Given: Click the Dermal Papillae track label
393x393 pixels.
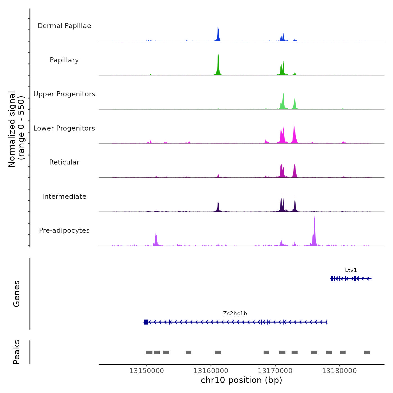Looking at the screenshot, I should click(64, 26).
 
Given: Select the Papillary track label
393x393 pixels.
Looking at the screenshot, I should click(64, 60).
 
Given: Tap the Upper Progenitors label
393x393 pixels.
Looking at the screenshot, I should click(64, 94).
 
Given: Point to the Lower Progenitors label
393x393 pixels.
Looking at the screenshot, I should click(64, 128).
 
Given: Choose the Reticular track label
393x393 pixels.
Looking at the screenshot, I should click(64, 162).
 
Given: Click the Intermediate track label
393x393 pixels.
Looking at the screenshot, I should click(64, 196).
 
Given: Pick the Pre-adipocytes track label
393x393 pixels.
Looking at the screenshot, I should click(64, 230).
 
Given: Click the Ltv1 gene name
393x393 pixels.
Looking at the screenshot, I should click(351, 270).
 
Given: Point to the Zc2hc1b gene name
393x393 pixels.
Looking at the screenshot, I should click(235, 314).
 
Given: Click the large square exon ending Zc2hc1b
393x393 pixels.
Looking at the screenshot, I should click(146, 322).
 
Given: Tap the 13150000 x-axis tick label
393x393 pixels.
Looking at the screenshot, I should click(147, 371).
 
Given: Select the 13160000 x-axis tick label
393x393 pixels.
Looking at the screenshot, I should click(211, 371).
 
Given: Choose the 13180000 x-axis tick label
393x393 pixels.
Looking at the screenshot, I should click(339, 371).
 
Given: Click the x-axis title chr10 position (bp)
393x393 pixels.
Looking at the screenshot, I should click(241, 380).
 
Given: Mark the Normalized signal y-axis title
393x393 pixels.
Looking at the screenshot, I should click(16, 129).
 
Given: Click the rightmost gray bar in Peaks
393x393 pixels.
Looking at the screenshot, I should click(367, 352).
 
